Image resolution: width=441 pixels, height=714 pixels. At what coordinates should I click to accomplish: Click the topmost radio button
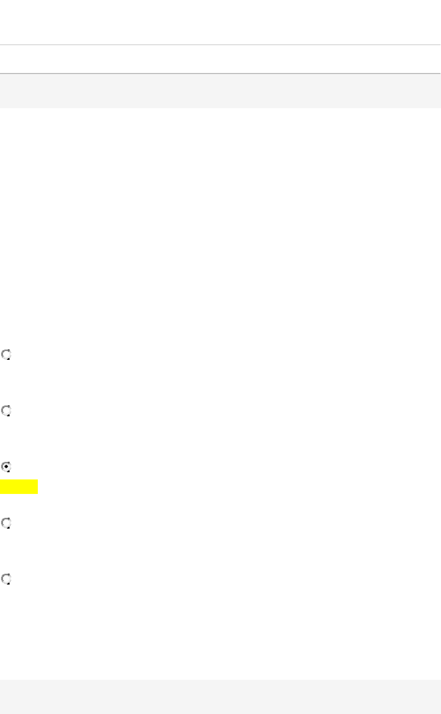pos(6,355)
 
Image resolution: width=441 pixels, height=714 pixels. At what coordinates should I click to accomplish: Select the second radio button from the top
pos(6,411)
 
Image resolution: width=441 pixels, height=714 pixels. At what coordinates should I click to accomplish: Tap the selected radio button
pos(6,467)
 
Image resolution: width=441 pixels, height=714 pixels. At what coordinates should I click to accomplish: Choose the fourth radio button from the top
pos(6,523)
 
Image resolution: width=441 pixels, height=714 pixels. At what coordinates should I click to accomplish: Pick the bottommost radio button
pos(6,579)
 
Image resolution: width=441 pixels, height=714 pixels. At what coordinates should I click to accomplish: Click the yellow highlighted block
pos(19,487)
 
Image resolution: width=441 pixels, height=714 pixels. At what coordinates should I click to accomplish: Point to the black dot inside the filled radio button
pos(6,467)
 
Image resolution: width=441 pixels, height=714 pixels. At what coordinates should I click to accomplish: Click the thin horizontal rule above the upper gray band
pos(220,45)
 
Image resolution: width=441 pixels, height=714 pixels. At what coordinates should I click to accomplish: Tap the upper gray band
pos(220,91)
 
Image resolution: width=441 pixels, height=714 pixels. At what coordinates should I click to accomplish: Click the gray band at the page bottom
pos(220,697)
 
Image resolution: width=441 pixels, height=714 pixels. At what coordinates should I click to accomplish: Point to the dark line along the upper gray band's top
pos(220,74)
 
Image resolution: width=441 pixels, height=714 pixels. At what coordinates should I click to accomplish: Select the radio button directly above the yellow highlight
pos(6,467)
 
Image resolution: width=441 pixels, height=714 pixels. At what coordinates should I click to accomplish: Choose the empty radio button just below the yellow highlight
pos(6,523)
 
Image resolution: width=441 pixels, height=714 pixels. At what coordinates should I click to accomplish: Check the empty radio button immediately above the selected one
pos(6,411)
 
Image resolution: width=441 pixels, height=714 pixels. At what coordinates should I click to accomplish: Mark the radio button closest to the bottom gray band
pos(6,579)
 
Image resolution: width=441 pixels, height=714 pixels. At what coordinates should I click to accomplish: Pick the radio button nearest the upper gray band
pos(6,355)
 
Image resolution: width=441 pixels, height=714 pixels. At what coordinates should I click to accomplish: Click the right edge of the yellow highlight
pos(37,487)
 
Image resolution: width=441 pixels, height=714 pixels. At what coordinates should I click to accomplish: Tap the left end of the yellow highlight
pos(1,487)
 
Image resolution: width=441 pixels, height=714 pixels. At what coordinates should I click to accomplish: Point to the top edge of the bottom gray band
pos(220,680)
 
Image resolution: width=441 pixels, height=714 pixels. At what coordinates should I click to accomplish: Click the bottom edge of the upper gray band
pos(220,108)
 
